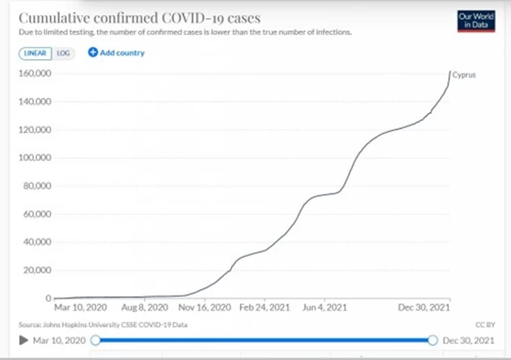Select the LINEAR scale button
pyautogui.click(x=36, y=53)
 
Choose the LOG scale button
pyautogui.click(x=63, y=53)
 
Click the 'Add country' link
pyautogui.click(x=116, y=53)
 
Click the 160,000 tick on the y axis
pyautogui.click(x=34, y=73)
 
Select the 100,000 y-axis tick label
pyautogui.click(x=34, y=157)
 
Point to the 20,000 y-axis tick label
pyautogui.click(x=36, y=270)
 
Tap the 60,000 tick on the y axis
pyautogui.click(x=36, y=214)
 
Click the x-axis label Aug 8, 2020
pyautogui.click(x=145, y=308)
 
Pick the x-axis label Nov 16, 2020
pyautogui.click(x=208, y=308)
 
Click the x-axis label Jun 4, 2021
pyautogui.click(x=325, y=308)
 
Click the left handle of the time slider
pyautogui.click(x=95, y=340)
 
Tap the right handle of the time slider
pyautogui.click(x=432, y=340)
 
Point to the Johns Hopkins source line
pyautogui.click(x=103, y=324)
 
